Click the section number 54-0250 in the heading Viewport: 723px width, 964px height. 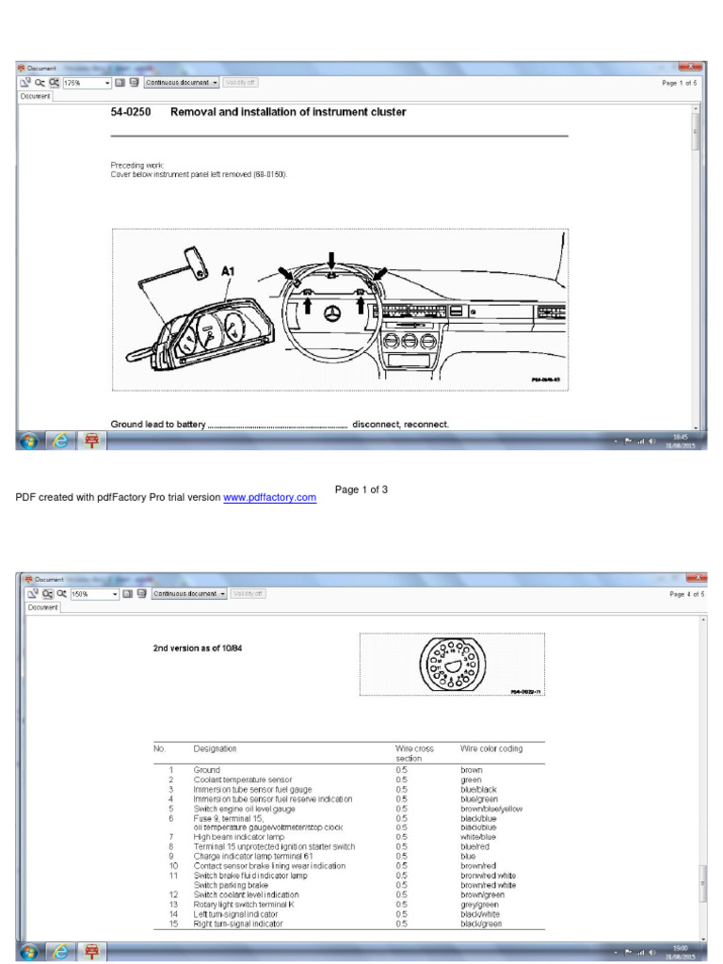click(x=131, y=112)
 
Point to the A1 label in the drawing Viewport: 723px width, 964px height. click(x=228, y=271)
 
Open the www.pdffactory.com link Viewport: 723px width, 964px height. click(x=269, y=497)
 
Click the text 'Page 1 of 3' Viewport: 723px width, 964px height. click(x=361, y=490)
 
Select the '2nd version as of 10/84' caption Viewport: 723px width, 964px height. click(x=198, y=649)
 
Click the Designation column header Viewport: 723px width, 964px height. click(x=215, y=748)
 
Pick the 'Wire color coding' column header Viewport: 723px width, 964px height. click(x=490, y=748)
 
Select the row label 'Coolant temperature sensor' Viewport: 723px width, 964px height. click(x=243, y=779)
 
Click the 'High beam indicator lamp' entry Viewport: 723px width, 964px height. click(x=238, y=837)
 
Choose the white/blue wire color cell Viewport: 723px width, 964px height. click(x=478, y=837)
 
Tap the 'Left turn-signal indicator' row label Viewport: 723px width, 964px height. click(x=235, y=914)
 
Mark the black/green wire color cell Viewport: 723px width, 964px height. click(x=481, y=924)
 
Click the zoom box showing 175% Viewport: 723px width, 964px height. click(x=85, y=83)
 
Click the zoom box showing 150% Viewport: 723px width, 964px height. click(x=89, y=594)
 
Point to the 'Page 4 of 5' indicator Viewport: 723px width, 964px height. click(x=686, y=594)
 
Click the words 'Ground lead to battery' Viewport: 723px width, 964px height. click(x=157, y=425)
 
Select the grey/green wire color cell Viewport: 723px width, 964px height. click(x=479, y=905)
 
